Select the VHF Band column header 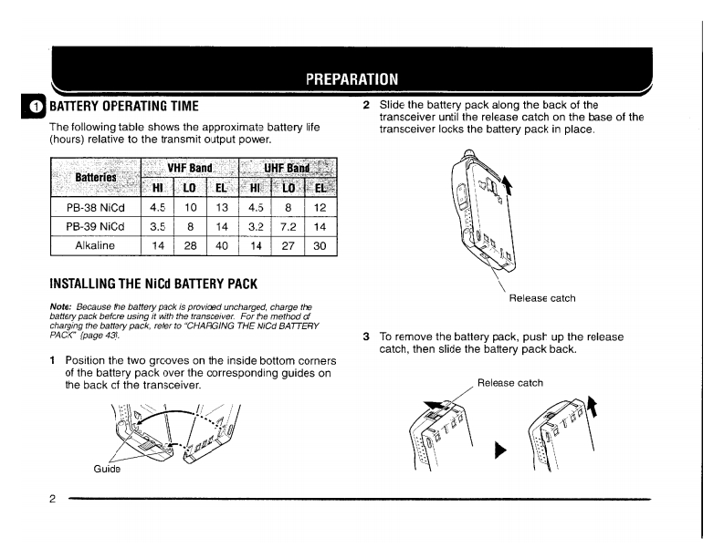[189, 168]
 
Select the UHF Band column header [287, 168]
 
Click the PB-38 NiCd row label [95, 206]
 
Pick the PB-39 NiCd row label [95, 226]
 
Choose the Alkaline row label [95, 246]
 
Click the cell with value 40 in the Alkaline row [222, 246]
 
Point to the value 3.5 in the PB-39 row [156, 226]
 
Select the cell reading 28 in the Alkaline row [189, 246]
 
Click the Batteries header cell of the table [95, 176]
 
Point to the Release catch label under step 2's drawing [541, 297]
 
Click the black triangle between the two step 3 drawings [498, 450]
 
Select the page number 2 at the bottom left [54, 499]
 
